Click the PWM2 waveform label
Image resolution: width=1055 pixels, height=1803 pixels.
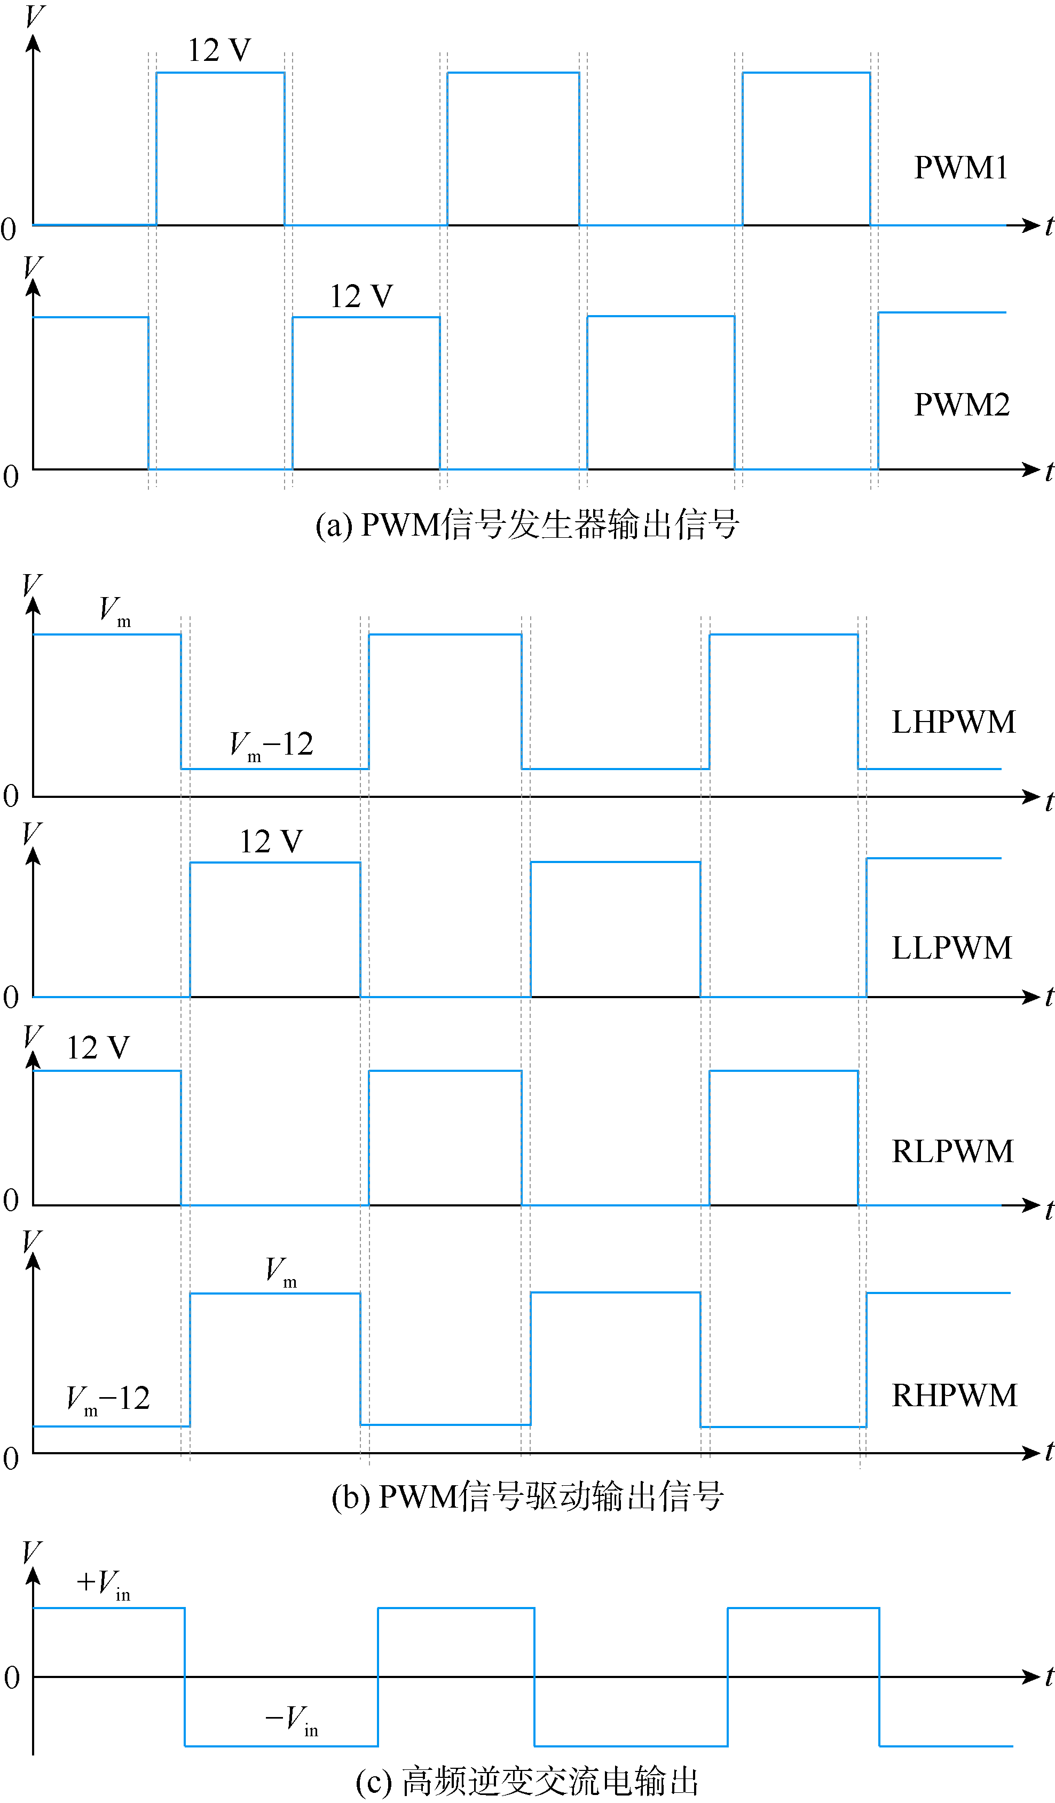pos(962,405)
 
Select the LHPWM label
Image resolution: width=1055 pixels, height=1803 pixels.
pos(954,722)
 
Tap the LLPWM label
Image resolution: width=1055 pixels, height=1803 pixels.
pos(952,948)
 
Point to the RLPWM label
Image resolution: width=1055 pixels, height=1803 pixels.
pos(952,1152)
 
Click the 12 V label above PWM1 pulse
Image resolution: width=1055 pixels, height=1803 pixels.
pos(219,50)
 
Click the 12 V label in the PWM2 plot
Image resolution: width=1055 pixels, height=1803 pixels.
pos(361,296)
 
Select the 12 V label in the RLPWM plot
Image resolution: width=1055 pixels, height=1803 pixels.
pos(98,1048)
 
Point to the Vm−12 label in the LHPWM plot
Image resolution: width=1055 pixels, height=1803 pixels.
pos(272,746)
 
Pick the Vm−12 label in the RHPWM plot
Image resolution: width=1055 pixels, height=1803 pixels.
pos(108,1399)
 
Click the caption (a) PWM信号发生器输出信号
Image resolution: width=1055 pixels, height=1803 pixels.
pos(527,525)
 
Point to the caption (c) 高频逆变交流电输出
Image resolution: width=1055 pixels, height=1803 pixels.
pos(527,1781)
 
